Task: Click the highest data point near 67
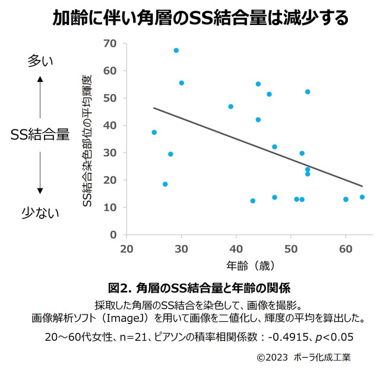176,50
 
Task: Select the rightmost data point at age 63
362,197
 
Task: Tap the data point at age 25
154,132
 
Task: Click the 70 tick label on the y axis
110,43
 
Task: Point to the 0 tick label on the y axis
113,234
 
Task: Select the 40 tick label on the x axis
236,249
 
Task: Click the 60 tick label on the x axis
346,249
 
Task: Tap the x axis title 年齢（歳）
251,266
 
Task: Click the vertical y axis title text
87,141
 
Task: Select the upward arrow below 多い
40,97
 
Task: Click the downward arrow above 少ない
40,173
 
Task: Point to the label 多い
40,61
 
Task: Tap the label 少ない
40,212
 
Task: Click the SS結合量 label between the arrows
40,135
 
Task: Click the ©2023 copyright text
272,357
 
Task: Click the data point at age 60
346,199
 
